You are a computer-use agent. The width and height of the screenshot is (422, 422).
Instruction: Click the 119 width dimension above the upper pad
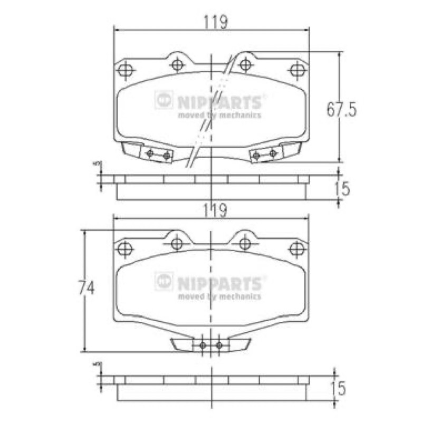216,22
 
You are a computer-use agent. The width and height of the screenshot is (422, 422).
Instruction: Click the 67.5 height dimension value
341,110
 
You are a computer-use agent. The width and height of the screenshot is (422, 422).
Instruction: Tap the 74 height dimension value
87,287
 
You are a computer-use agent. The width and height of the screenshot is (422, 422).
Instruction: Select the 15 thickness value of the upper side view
342,188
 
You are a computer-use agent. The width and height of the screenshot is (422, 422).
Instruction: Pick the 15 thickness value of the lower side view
338,389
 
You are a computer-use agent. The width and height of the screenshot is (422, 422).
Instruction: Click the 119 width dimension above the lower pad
215,210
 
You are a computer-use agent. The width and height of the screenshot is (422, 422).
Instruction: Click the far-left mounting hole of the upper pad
126,70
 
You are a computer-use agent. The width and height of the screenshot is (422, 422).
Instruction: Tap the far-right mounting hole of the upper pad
298,70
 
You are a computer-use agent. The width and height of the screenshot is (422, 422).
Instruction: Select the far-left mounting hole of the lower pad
126,248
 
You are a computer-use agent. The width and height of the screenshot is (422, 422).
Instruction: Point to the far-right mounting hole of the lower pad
297,248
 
